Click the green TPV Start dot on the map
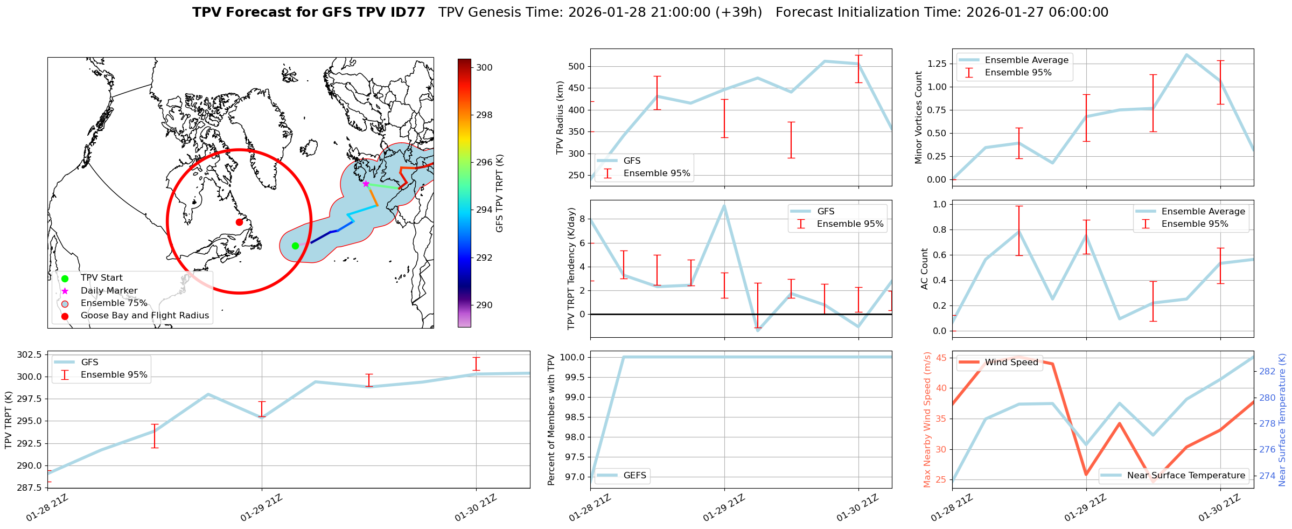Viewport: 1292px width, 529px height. pos(295,246)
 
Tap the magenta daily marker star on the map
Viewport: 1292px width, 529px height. pos(366,184)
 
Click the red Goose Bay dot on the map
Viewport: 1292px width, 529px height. pos(239,222)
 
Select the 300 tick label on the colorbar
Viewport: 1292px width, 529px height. pos(484,67)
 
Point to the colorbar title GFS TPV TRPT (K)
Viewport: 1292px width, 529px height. pos(500,193)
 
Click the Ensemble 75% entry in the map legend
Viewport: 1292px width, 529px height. pos(114,303)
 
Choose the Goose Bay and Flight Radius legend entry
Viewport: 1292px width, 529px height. pos(144,316)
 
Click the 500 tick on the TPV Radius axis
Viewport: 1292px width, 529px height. pos(577,67)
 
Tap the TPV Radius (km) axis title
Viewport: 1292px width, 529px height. pos(560,117)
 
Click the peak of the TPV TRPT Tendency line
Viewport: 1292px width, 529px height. pos(724,205)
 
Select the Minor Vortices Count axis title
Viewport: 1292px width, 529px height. pos(919,117)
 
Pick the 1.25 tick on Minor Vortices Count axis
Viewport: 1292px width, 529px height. pos(936,64)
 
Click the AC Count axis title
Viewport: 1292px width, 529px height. pos(925,269)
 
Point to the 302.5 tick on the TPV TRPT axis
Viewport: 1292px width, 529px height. pos(30,354)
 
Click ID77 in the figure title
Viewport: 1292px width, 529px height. pos(407,12)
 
